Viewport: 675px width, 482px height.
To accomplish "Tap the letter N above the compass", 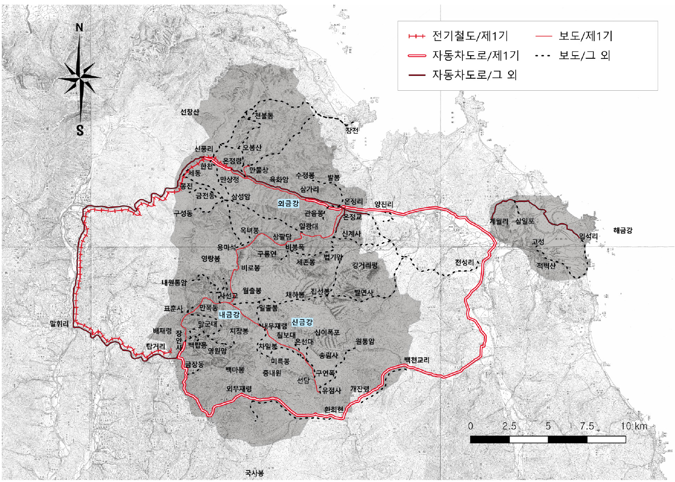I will [80, 27].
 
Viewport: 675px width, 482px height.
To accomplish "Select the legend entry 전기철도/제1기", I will [470, 36].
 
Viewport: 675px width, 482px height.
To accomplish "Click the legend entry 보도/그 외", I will [584, 56].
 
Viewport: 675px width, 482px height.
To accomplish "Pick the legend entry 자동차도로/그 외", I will [474, 75].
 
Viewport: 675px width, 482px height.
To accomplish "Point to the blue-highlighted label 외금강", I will [288, 203].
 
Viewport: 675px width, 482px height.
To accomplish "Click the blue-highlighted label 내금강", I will [229, 314].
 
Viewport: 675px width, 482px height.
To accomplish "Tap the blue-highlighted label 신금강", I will [302, 322].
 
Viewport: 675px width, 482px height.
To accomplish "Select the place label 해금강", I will [622, 230].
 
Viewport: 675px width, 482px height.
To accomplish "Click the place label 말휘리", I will [59, 324].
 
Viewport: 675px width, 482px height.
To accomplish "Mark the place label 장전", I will [352, 131].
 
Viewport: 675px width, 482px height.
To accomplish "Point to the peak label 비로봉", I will [251, 268].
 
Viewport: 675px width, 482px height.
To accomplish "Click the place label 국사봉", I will [254, 473].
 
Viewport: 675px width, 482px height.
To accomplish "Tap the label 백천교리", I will [416, 360].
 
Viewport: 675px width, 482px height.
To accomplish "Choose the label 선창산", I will [189, 112].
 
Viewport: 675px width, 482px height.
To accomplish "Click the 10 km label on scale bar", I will [634, 426].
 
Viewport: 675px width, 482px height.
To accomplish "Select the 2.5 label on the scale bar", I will [509, 426].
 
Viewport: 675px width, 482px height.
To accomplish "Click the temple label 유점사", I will [332, 390].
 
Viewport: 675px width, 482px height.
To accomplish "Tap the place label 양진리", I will [384, 204].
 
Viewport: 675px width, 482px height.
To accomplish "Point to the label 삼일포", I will [525, 221].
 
